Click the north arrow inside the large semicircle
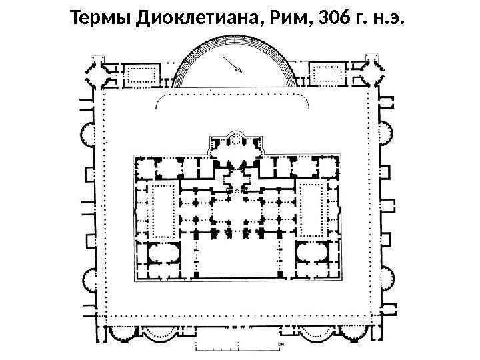(x=233, y=64)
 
